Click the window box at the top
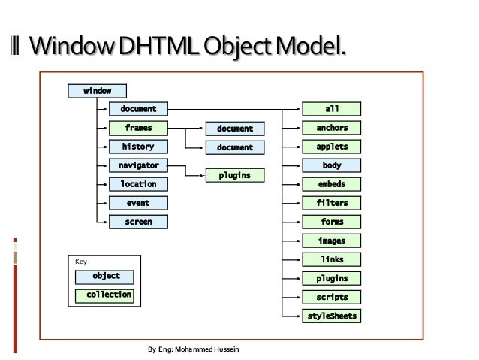tap(97, 91)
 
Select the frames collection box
tap(138, 128)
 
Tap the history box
tap(138, 147)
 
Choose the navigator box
tap(138, 165)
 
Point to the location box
tap(138, 184)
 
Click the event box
tap(138, 203)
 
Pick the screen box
tap(138, 222)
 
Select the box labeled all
tap(332, 109)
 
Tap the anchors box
tap(332, 128)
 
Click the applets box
tap(332, 147)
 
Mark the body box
tap(332, 165)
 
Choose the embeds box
tap(332, 184)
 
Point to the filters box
tap(332, 203)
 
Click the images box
tap(332, 241)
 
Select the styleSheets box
tap(332, 316)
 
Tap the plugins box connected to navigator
tap(234, 175)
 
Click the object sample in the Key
tap(106, 276)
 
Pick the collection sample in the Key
tap(106, 295)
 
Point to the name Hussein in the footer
tap(227, 350)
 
